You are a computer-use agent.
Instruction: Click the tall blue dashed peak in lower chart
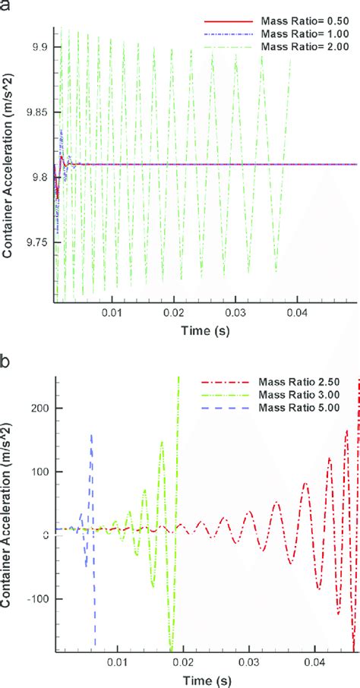click(x=92, y=435)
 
